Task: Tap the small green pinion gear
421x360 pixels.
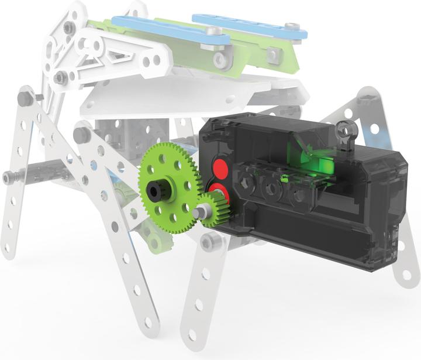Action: pos(217,205)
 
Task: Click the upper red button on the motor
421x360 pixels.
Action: pos(220,166)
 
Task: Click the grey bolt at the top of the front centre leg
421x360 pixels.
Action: pos(209,241)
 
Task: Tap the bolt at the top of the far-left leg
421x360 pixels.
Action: pos(25,98)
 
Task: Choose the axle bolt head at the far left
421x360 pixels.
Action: pos(9,176)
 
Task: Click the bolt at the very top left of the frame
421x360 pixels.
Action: pos(69,27)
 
